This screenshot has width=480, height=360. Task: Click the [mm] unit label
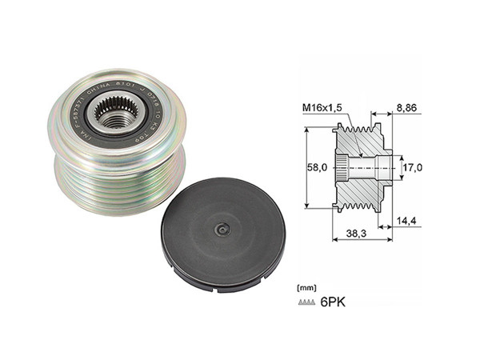pyautogui.click(x=305, y=286)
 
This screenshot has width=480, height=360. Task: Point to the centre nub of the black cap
pyautogui.click(x=223, y=230)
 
